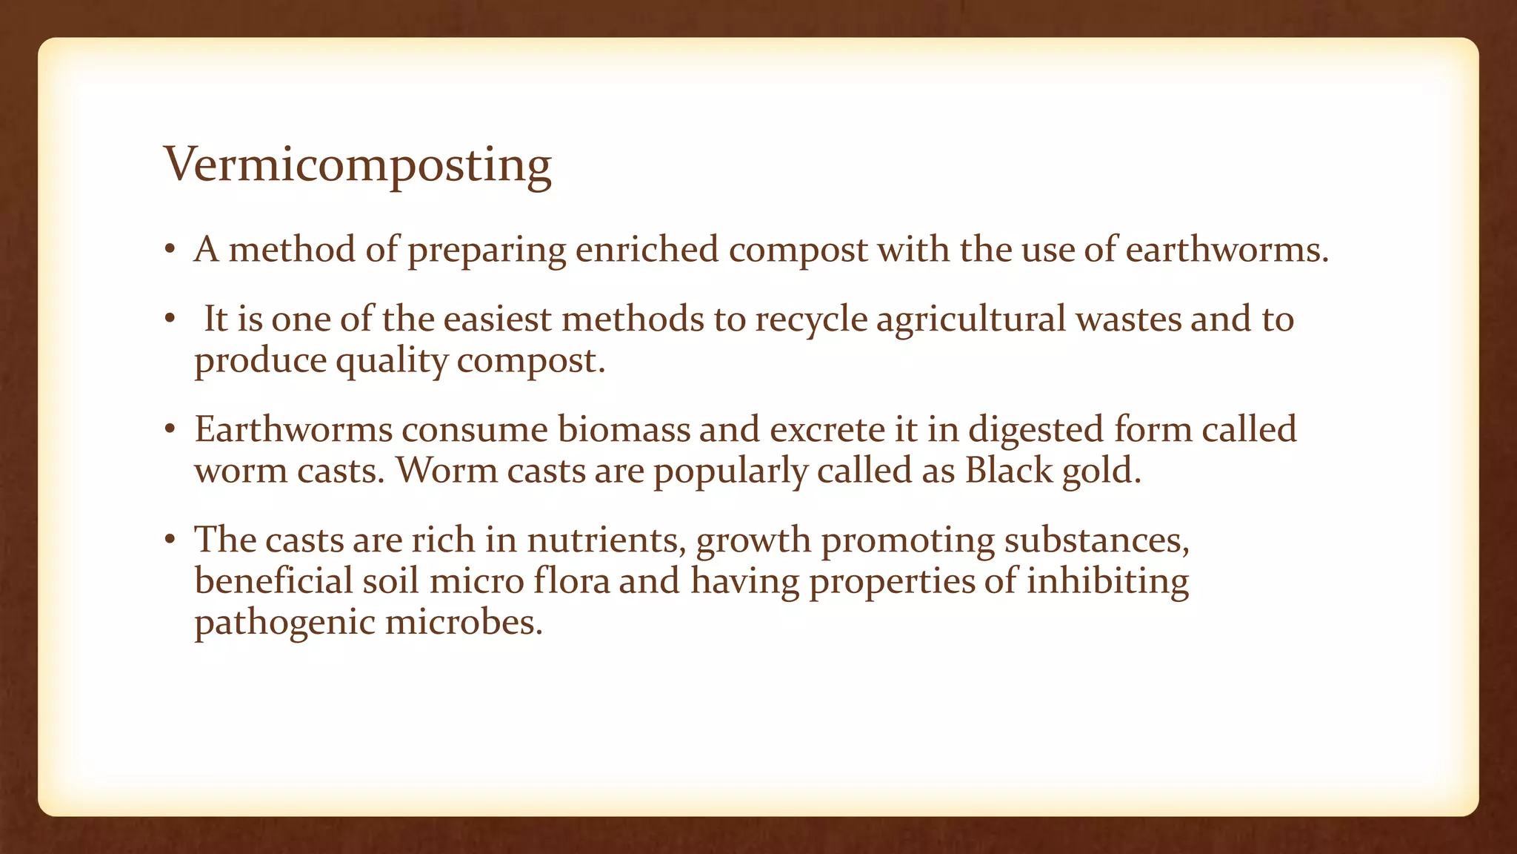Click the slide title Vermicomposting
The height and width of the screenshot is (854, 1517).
point(357,165)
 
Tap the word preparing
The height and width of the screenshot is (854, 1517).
point(487,251)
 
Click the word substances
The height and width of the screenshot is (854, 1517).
point(1096,540)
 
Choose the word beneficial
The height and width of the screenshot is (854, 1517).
point(273,580)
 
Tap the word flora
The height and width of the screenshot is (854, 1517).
point(571,580)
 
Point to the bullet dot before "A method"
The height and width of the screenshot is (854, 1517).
point(170,250)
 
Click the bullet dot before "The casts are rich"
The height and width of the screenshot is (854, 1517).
point(170,540)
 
